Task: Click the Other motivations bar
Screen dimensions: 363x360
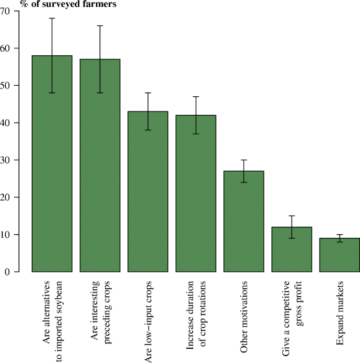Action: tap(243, 221)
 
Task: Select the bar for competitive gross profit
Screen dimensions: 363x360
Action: tap(291, 249)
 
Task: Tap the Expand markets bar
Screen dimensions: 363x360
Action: tap(339, 255)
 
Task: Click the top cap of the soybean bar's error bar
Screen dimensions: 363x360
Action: tap(52, 18)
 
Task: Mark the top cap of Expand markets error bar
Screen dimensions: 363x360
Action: tap(339, 235)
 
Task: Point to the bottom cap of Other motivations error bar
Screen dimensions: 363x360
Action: tap(243, 183)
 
